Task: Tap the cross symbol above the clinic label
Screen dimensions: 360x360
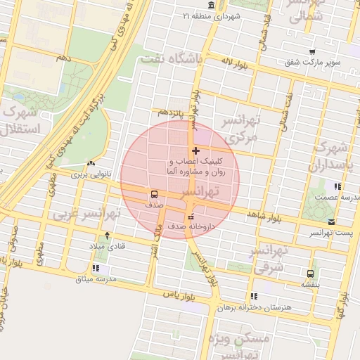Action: pyautogui.click(x=195, y=151)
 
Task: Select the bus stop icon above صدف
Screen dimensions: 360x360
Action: pyautogui.click(x=153, y=195)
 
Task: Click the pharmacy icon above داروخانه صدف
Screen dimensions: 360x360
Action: pyautogui.click(x=191, y=216)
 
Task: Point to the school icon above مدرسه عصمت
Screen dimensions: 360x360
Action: pyautogui.click(x=338, y=187)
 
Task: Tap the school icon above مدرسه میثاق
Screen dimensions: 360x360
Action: pyautogui.click(x=96, y=268)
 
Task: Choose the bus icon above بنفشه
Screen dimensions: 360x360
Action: pyautogui.click(x=310, y=274)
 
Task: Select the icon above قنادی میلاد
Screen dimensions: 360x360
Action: pyautogui.click(x=107, y=236)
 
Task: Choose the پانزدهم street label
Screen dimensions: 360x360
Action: pyautogui.click(x=171, y=112)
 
